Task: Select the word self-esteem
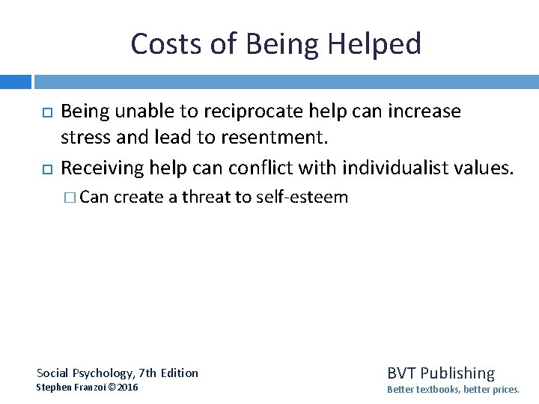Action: click(302, 198)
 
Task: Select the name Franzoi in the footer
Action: click(91, 388)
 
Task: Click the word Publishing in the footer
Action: click(457, 373)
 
